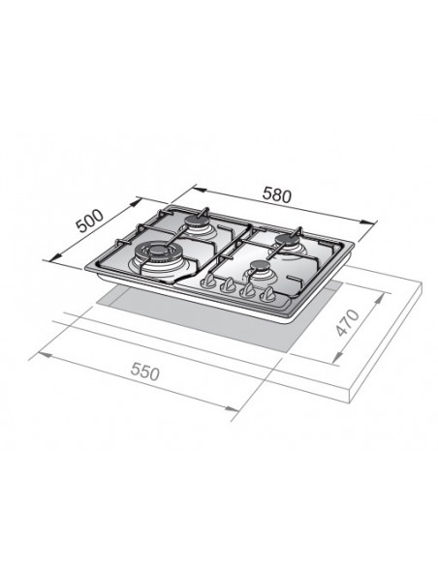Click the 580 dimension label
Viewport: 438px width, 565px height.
pyautogui.click(x=276, y=195)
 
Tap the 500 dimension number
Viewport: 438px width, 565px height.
pyautogui.click(x=90, y=221)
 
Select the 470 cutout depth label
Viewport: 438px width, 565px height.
pyautogui.click(x=348, y=322)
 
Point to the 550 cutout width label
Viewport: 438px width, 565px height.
pyautogui.click(x=144, y=372)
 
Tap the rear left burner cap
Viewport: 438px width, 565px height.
pyautogui.click(x=197, y=223)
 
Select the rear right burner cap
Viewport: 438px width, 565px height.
pyautogui.click(x=286, y=239)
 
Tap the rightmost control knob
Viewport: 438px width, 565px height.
pyautogui.click(x=267, y=295)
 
